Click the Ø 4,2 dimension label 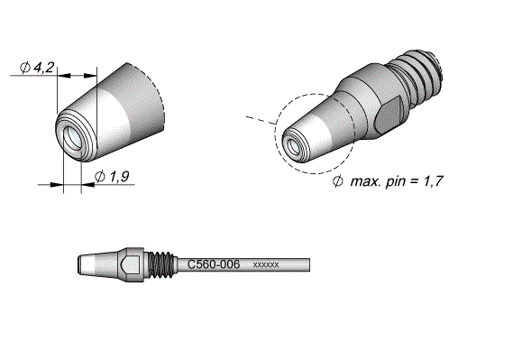pyautogui.click(x=37, y=68)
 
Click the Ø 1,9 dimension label pyautogui.click(x=112, y=177)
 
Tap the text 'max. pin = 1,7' pyautogui.click(x=397, y=181)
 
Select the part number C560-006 pyautogui.click(x=214, y=264)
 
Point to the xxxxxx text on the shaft pyautogui.click(x=266, y=264)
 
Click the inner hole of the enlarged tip pyautogui.click(x=71, y=136)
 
